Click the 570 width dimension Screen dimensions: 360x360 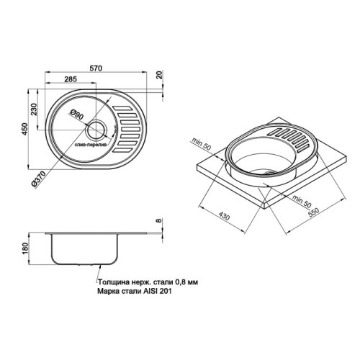click(x=105, y=65)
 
